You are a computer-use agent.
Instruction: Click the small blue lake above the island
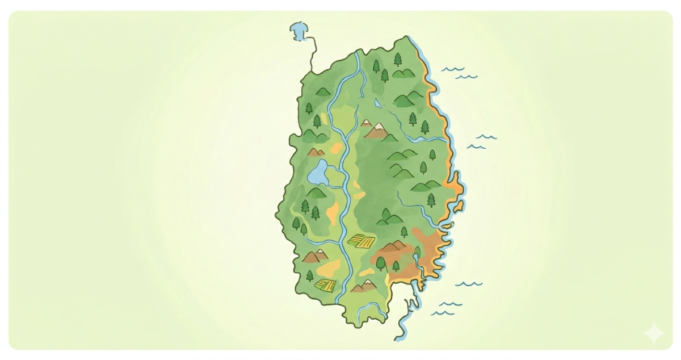(x=297, y=30)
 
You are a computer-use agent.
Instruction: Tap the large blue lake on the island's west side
(x=317, y=173)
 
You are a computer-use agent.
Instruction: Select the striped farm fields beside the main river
(x=361, y=241)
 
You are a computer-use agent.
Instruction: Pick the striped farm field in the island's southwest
(x=325, y=284)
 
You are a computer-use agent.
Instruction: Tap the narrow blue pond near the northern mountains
(x=377, y=104)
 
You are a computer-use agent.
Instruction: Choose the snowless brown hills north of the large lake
(x=316, y=152)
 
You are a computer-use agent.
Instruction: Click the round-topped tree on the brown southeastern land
(x=380, y=263)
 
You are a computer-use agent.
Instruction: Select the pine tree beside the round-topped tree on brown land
(x=396, y=265)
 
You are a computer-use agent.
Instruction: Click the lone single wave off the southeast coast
(x=469, y=283)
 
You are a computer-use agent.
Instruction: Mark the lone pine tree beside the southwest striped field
(x=310, y=276)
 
